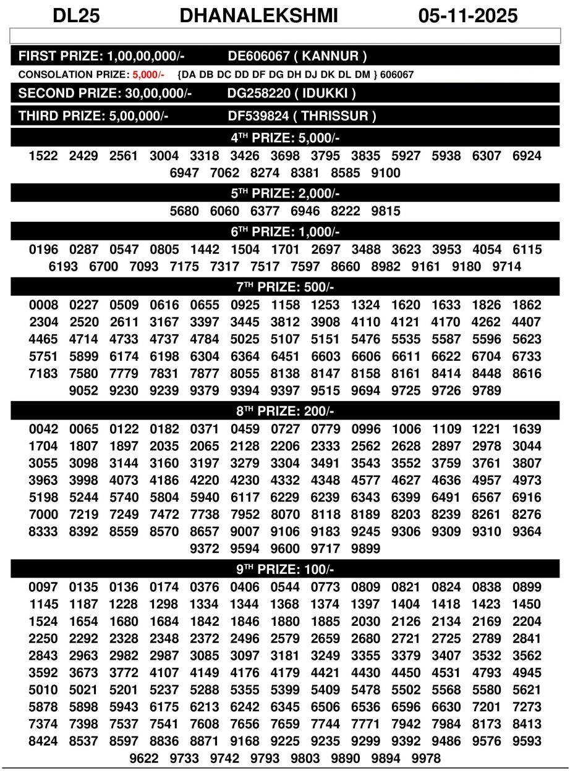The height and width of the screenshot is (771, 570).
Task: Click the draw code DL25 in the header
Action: (x=76, y=15)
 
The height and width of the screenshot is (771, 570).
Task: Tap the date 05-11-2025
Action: (x=468, y=15)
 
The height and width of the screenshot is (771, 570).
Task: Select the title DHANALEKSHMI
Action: (x=259, y=15)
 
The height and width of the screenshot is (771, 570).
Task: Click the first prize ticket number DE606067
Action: (x=258, y=56)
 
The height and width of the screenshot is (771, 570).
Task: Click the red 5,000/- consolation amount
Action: (x=148, y=75)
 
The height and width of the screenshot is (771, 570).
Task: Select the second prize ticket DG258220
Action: (x=258, y=94)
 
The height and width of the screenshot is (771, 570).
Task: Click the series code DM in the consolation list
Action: (x=362, y=75)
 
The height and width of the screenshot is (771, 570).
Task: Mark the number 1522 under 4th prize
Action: (x=43, y=156)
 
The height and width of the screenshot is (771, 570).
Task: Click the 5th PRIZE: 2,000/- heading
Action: (x=285, y=193)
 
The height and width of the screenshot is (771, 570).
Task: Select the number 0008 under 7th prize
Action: (x=43, y=305)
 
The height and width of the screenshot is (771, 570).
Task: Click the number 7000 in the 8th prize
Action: (x=43, y=515)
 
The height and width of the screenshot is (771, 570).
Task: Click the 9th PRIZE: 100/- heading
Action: (x=285, y=569)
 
